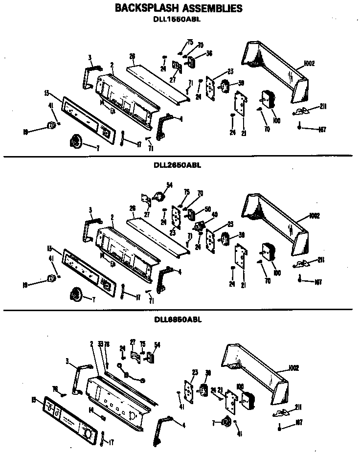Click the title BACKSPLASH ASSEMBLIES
178,8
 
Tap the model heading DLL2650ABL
177,165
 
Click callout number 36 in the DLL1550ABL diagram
209,53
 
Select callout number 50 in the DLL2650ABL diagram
207,209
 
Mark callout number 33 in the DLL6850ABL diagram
100,344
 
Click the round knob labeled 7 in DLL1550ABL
75,141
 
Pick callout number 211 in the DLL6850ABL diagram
298,407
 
